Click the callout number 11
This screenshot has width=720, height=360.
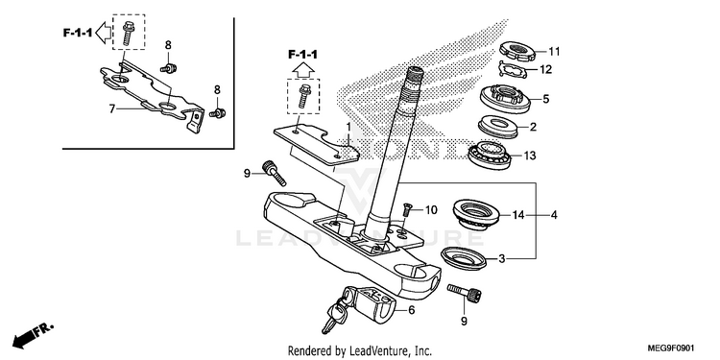pos(555,52)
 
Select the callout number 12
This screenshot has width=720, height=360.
pos(546,70)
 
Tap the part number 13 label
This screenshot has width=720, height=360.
pos(529,156)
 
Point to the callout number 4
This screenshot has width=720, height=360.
pos(554,214)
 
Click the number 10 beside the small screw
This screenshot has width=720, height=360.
pos(431,210)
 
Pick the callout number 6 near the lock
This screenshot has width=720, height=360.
pos(412,310)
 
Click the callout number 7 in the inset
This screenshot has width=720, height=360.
pos(111,108)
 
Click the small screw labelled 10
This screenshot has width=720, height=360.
pos(406,210)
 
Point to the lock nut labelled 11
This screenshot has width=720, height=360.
pos(517,50)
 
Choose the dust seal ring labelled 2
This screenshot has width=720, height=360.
pos(498,127)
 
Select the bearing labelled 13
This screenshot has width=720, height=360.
pos(489,155)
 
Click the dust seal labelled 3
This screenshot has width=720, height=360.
pos(464,257)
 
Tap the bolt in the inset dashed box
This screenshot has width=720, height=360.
pos(128,33)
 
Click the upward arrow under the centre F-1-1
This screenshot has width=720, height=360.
pos(303,70)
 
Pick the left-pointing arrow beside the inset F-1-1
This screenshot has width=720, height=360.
pos(105,32)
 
